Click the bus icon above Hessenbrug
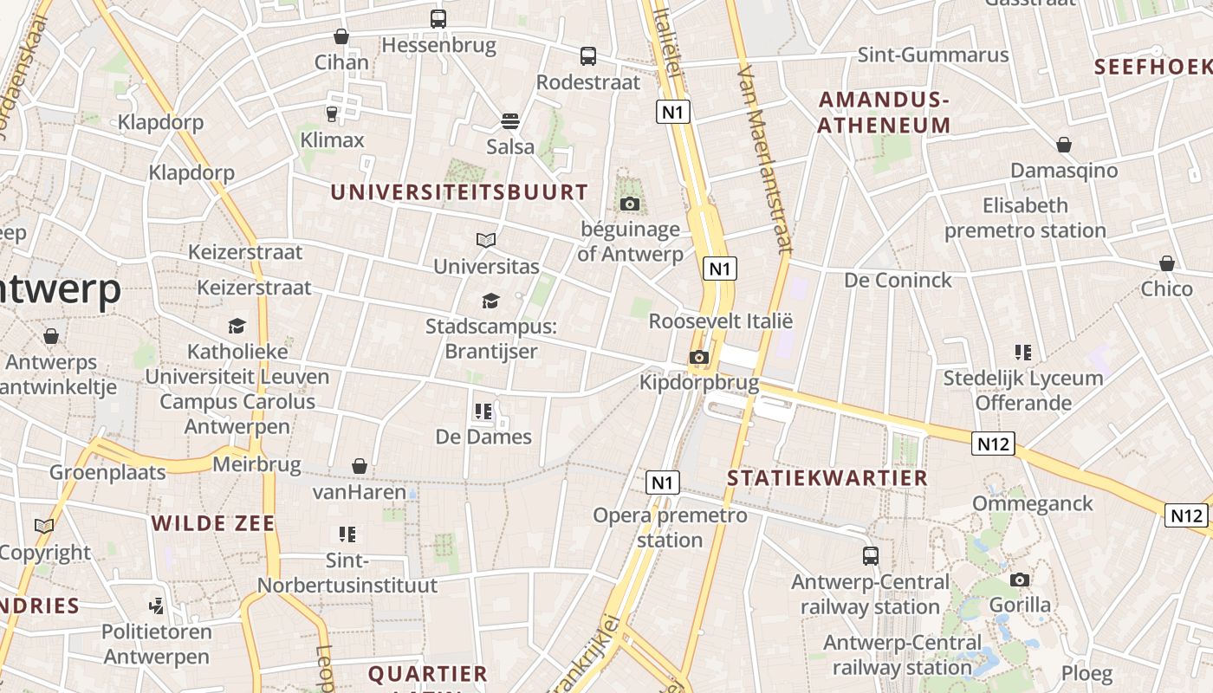(438, 18)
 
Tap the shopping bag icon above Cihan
(341, 36)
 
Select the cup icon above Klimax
(331, 113)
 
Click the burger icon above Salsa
(510, 120)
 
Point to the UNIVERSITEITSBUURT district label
(459, 192)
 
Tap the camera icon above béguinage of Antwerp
(630, 204)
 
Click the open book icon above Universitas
(486, 240)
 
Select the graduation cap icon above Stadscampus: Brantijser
(490, 301)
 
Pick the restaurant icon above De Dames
(483, 411)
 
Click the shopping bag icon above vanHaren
(360, 467)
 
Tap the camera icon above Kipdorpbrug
(698, 357)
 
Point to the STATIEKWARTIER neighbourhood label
(827, 478)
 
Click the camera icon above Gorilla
(1020, 580)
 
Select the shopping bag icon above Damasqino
(1064, 145)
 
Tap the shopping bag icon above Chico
(1167, 263)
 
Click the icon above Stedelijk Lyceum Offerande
(1023, 353)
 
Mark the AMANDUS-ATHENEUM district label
(885, 113)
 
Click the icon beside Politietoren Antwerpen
(157, 606)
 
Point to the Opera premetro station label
(670, 528)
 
